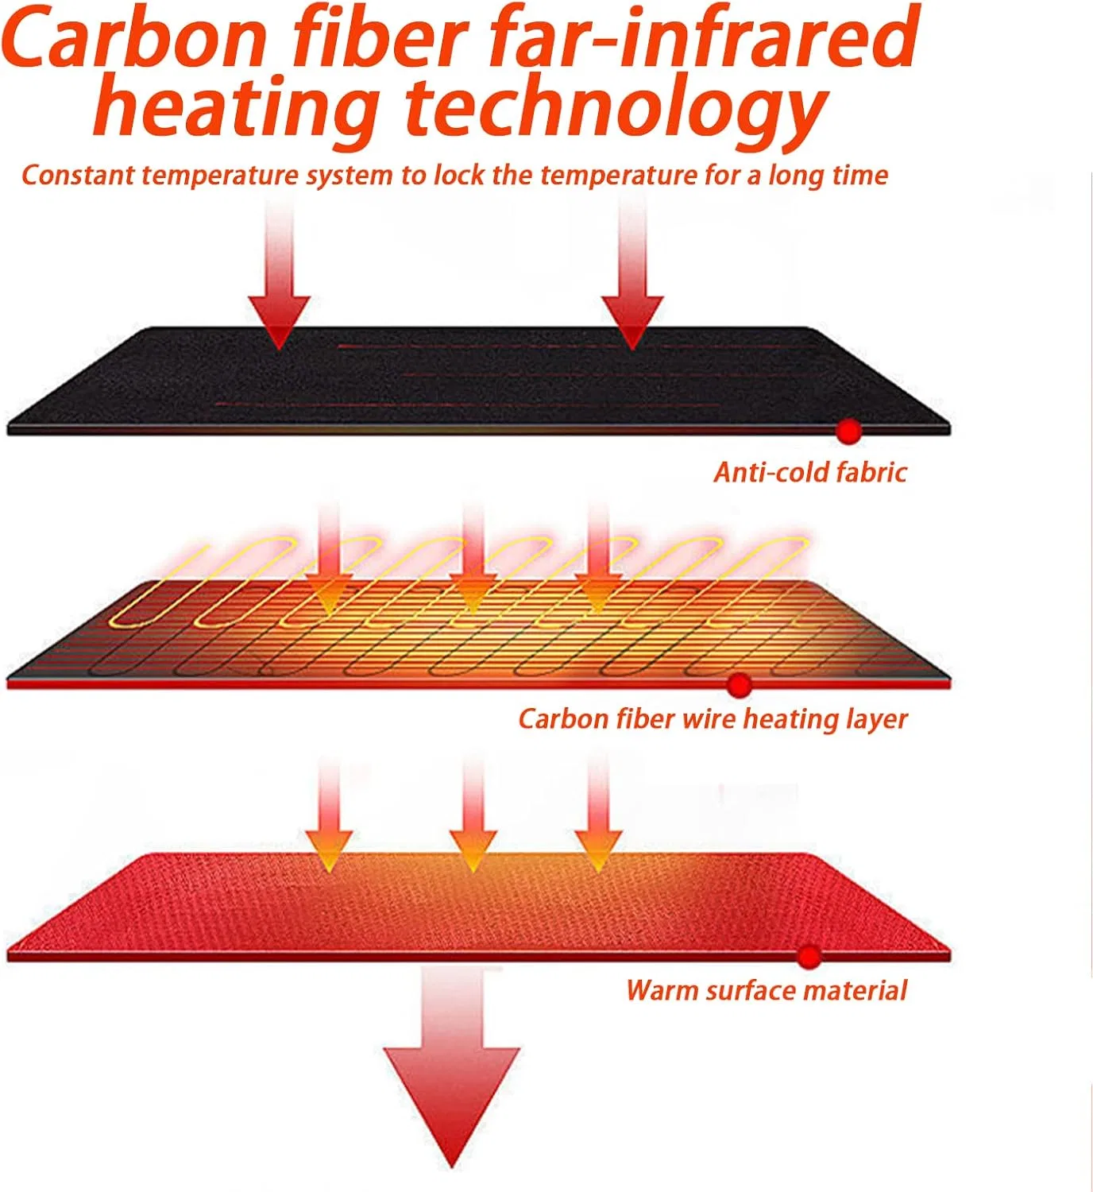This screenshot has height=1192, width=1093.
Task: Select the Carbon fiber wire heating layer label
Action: [713, 720]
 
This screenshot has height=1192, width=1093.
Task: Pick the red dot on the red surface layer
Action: [809, 957]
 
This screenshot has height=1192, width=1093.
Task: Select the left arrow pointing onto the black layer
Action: [279, 273]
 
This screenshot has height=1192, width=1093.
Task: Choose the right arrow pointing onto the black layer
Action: [632, 273]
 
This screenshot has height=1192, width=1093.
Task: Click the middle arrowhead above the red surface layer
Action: [473, 850]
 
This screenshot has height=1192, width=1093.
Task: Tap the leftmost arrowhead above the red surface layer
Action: [330, 850]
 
